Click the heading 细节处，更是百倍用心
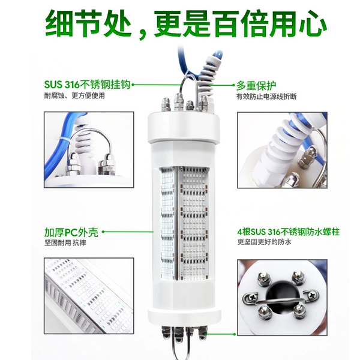point(186,24)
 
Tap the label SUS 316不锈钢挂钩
point(87,85)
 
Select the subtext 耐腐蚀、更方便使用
point(74,95)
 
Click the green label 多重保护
point(256,86)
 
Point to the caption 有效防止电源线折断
point(266,97)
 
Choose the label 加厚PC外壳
point(71,232)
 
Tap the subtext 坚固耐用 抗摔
point(65,243)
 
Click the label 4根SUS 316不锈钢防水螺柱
point(288,232)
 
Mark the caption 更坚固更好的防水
point(264,242)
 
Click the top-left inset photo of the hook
point(89,149)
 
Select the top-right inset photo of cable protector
point(282,150)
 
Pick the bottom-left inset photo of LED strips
point(89,296)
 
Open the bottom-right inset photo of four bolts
point(282,298)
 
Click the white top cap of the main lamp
point(184,127)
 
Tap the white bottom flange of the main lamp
point(184,318)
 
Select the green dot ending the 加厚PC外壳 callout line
point(103,232)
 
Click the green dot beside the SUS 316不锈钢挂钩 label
point(133,85)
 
